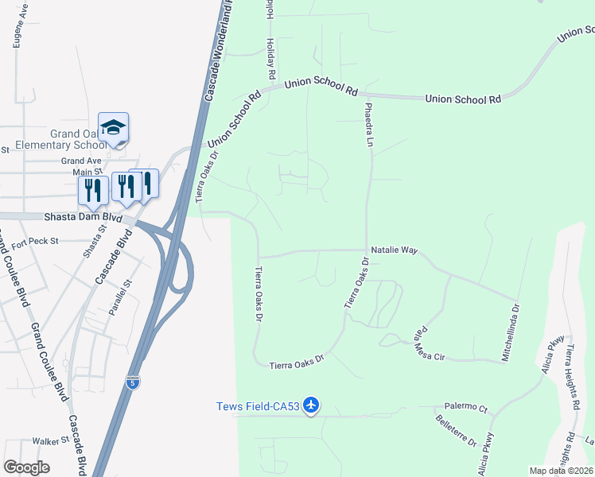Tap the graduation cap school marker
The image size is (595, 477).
point(113,127)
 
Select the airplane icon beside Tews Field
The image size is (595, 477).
point(311,406)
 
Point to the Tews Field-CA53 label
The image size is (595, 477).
point(258,406)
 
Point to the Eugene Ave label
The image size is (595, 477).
point(17,29)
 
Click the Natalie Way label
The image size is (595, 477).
point(395,250)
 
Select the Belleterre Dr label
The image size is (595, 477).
point(450,431)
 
